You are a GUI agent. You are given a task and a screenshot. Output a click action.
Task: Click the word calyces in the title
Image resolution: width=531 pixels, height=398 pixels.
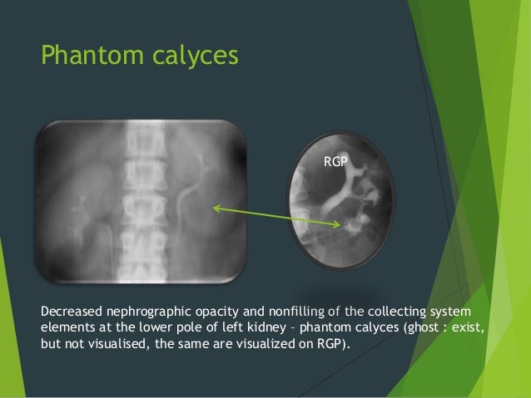click(186, 57)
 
